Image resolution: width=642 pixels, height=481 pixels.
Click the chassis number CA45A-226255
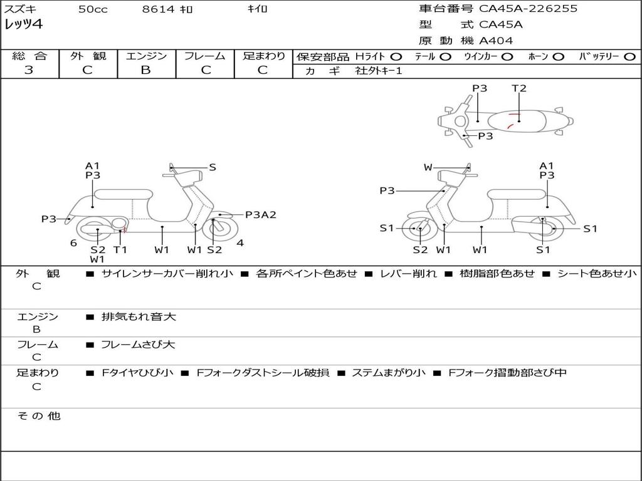[528, 9]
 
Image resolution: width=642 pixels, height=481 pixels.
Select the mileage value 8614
[158, 9]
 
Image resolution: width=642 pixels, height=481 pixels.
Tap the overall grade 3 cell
[29, 70]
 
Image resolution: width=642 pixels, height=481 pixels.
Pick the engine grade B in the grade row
[146, 70]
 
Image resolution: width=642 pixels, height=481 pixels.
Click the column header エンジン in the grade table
[146, 56]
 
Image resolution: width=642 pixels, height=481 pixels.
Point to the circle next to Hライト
[396, 56]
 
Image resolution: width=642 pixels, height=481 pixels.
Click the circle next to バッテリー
[629, 56]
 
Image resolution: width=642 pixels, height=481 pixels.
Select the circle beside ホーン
[559, 56]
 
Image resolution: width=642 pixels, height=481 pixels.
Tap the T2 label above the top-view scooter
[519, 88]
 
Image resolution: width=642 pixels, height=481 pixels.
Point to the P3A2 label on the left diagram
[261, 215]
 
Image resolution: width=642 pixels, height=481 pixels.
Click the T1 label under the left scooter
[120, 249]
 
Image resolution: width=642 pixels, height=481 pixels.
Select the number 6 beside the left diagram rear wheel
[73, 243]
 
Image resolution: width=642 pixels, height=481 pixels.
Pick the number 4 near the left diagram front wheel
[240, 243]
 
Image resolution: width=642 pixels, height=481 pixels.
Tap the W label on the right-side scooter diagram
[428, 167]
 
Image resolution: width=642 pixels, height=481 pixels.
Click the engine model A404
[496, 41]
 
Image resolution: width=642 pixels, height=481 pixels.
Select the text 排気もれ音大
[139, 317]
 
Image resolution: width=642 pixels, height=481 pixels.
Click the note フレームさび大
[138, 344]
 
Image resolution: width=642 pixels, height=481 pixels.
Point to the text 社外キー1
[379, 71]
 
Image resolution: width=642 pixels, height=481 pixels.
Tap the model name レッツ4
[23, 25]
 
